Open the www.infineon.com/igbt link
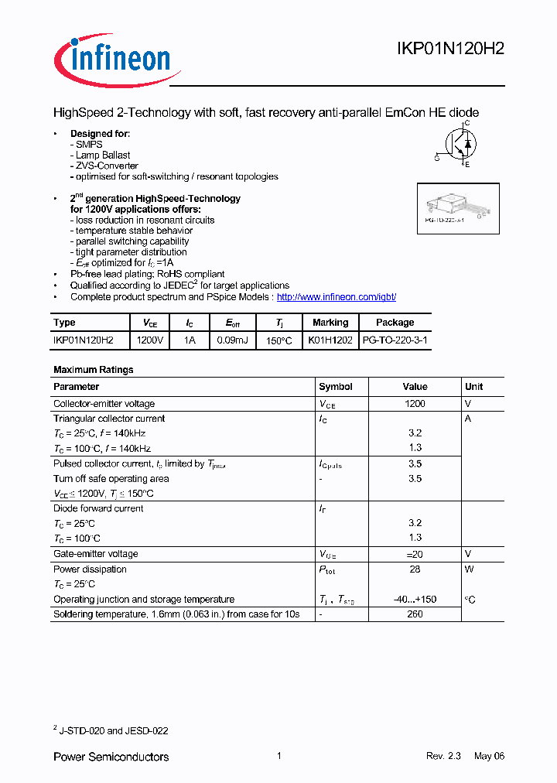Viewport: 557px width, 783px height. pyautogui.click(x=336, y=297)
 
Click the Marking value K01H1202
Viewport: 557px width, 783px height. pyautogui.click(x=330, y=340)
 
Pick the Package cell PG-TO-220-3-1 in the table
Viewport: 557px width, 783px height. pyautogui.click(x=395, y=340)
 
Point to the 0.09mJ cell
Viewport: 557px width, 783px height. pyautogui.click(x=232, y=340)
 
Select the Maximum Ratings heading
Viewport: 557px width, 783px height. pyautogui.click(x=93, y=370)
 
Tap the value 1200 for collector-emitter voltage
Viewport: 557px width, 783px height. pyautogui.click(x=415, y=404)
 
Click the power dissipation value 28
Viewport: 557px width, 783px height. pyautogui.click(x=415, y=569)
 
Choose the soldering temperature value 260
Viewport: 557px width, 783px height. pyautogui.click(x=415, y=614)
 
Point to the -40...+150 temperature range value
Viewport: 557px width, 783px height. pyautogui.click(x=415, y=600)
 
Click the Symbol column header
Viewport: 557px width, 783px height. pyautogui.click(x=336, y=387)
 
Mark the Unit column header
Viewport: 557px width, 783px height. pyautogui.click(x=473, y=387)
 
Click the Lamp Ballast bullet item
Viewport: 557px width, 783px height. pyautogui.click(x=103, y=156)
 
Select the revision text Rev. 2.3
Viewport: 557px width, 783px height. pyautogui.click(x=443, y=757)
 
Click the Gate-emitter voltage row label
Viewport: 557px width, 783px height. pyautogui.click(x=96, y=554)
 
